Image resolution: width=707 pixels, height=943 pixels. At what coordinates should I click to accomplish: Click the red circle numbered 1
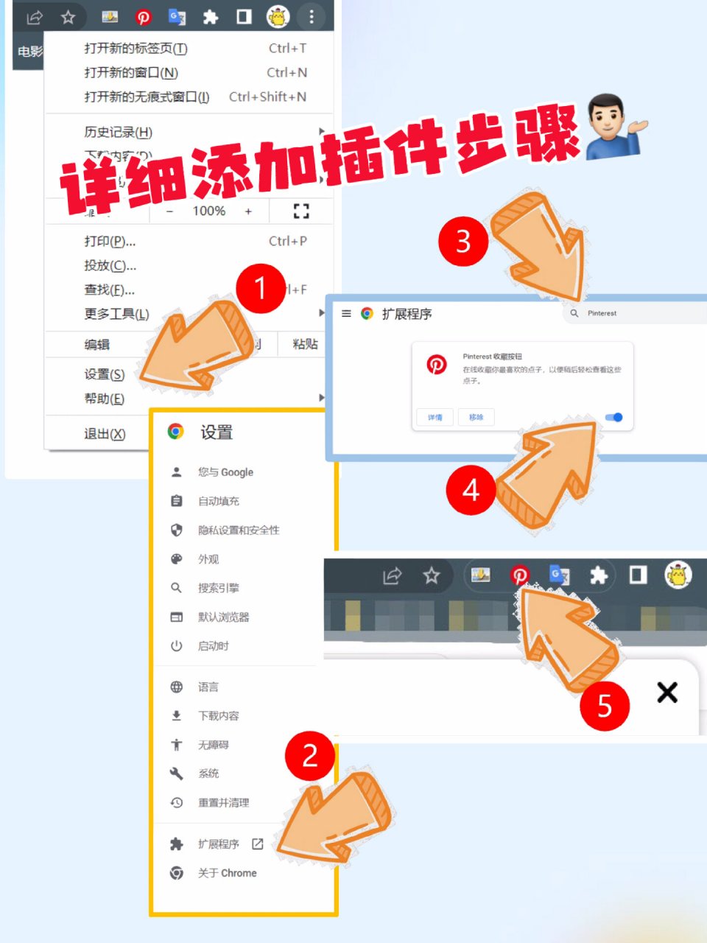pyautogui.click(x=260, y=289)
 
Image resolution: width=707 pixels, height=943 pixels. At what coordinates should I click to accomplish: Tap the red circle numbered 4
pyautogui.click(x=471, y=490)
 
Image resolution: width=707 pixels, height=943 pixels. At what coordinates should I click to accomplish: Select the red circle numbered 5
pyautogui.click(x=604, y=706)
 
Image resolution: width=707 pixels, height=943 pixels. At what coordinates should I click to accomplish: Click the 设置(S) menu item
pyautogui.click(x=104, y=374)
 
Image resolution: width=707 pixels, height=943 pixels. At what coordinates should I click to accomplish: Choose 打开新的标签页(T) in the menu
pyautogui.click(x=136, y=49)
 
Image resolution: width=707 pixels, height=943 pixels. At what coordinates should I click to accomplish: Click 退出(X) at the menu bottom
pyautogui.click(x=105, y=434)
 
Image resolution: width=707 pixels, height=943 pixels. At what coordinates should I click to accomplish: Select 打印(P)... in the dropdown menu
pyautogui.click(x=110, y=241)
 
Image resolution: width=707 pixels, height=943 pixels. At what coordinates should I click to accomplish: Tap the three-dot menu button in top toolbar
pyautogui.click(x=312, y=16)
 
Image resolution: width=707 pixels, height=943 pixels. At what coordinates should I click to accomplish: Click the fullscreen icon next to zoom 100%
pyautogui.click(x=300, y=211)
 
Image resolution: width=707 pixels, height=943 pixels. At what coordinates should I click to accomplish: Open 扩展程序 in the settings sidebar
pyautogui.click(x=219, y=844)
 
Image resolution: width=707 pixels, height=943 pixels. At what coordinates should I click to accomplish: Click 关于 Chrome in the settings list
pyautogui.click(x=227, y=873)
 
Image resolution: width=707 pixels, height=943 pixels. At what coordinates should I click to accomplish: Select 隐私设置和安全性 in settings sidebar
pyautogui.click(x=238, y=530)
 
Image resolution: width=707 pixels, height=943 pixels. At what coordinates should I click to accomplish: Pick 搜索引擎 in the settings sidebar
pyautogui.click(x=218, y=588)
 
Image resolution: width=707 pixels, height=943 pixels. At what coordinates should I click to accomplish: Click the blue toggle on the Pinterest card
pyautogui.click(x=614, y=418)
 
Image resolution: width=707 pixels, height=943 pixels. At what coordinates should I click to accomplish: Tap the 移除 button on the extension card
pyautogui.click(x=476, y=417)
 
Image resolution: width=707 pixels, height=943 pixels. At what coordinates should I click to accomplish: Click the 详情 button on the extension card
pyautogui.click(x=435, y=417)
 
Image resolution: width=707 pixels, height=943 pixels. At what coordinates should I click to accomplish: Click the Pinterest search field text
pyautogui.click(x=602, y=313)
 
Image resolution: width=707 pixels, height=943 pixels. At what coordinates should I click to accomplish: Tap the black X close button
pyautogui.click(x=667, y=692)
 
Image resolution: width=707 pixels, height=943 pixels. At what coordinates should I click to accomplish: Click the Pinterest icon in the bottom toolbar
pyautogui.click(x=520, y=575)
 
